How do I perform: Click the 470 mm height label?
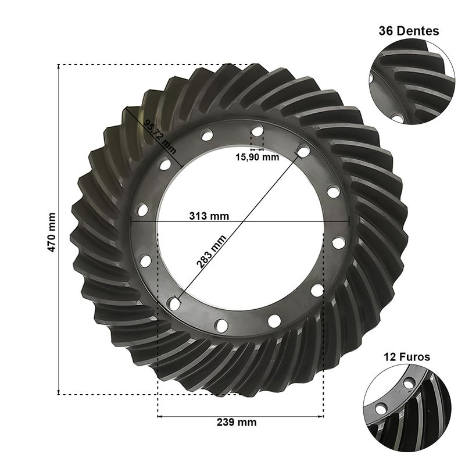tap(52, 232)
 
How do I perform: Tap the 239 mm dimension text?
tap(237, 423)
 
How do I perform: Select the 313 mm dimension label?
tap(209, 216)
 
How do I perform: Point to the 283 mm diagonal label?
tap(211, 252)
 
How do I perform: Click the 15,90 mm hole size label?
tap(257, 157)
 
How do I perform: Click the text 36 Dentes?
tap(409, 31)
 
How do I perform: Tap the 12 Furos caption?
tap(407, 357)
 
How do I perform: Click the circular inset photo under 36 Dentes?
tap(412, 81)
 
